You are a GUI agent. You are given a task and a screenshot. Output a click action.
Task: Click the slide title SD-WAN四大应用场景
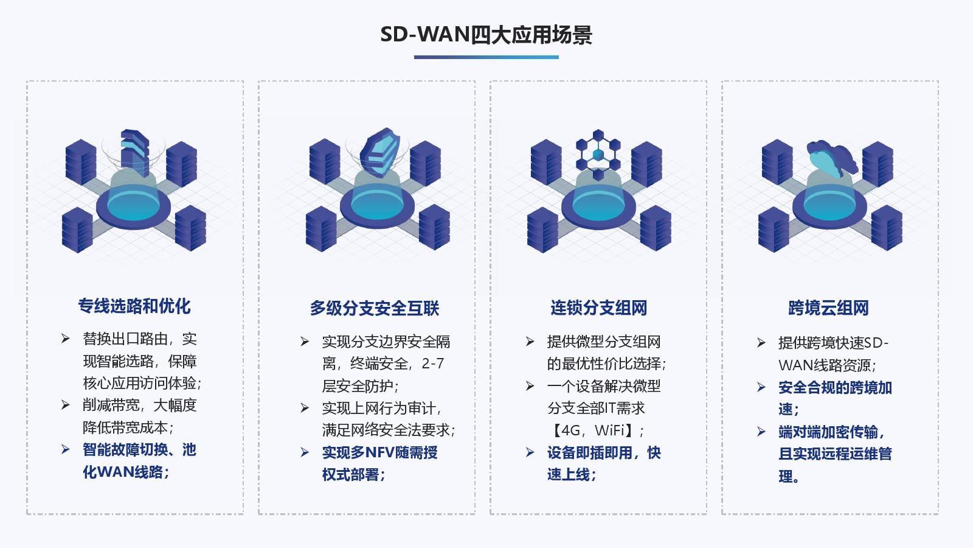(x=486, y=35)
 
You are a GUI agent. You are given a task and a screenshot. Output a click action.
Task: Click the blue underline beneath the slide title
(x=486, y=57)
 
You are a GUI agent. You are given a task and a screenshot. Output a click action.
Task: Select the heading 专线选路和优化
(x=134, y=306)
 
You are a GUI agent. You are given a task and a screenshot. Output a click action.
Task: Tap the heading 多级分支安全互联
(x=375, y=309)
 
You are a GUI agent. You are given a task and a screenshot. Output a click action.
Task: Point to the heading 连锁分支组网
(x=598, y=308)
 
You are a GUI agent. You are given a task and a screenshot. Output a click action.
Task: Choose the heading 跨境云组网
(x=828, y=308)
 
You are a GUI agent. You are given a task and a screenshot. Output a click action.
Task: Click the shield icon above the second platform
(x=379, y=150)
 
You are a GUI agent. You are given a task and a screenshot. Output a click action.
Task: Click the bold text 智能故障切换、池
(x=139, y=450)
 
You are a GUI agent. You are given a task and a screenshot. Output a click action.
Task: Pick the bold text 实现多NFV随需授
(x=379, y=453)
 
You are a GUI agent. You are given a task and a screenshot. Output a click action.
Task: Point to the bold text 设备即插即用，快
(x=603, y=453)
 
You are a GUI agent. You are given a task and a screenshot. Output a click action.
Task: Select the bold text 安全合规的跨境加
(x=835, y=388)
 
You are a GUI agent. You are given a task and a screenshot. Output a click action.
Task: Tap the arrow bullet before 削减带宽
(x=66, y=405)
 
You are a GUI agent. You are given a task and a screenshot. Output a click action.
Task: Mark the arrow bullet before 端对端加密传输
(x=761, y=432)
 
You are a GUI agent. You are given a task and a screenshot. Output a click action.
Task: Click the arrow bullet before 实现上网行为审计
(x=305, y=408)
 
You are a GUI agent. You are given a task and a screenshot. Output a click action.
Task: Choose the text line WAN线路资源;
(x=827, y=365)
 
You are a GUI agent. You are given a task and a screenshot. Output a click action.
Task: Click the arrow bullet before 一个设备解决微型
(x=530, y=386)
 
